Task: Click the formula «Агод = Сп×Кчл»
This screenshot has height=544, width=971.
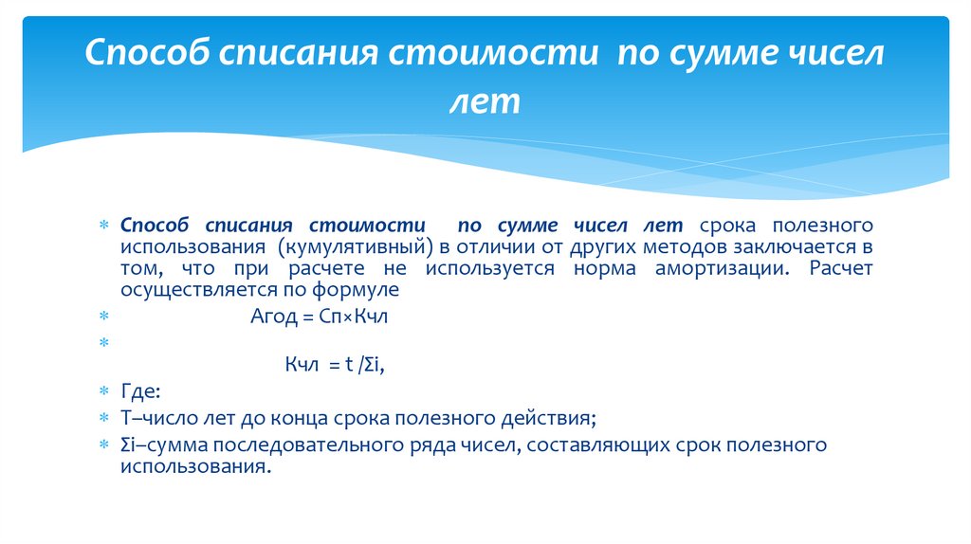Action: [x=320, y=317]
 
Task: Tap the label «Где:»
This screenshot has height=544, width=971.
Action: [x=140, y=391]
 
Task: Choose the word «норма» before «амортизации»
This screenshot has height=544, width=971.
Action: [x=605, y=268]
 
